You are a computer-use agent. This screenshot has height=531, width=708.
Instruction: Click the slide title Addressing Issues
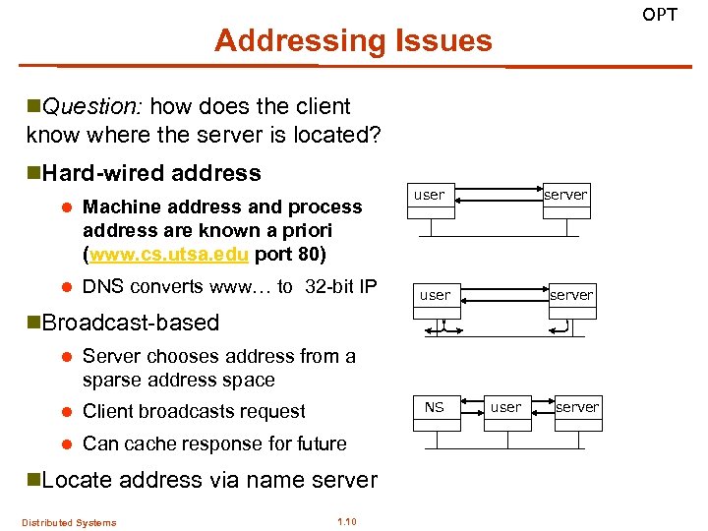353,41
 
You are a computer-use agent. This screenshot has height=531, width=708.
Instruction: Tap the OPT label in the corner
660,14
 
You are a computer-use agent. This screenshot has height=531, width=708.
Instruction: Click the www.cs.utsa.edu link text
170,254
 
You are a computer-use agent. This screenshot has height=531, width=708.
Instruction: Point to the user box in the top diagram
429,195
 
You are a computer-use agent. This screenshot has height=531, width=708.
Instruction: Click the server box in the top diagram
565,195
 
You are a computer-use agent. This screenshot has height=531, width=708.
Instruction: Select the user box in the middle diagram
435,295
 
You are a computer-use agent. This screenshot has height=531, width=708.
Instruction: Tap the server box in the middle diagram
571,295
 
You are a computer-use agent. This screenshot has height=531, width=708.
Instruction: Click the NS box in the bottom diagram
435,407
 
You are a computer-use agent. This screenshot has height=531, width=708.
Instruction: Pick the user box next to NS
506,407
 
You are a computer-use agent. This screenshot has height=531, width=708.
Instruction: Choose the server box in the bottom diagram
577,407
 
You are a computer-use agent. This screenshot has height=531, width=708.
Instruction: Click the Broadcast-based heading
130,324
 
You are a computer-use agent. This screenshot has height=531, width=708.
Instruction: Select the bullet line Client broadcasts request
194,412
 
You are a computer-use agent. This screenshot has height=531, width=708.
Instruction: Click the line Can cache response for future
214,443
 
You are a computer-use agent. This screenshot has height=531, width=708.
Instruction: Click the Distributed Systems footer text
70,522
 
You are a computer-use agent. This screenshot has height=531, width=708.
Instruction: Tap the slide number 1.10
346,521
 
